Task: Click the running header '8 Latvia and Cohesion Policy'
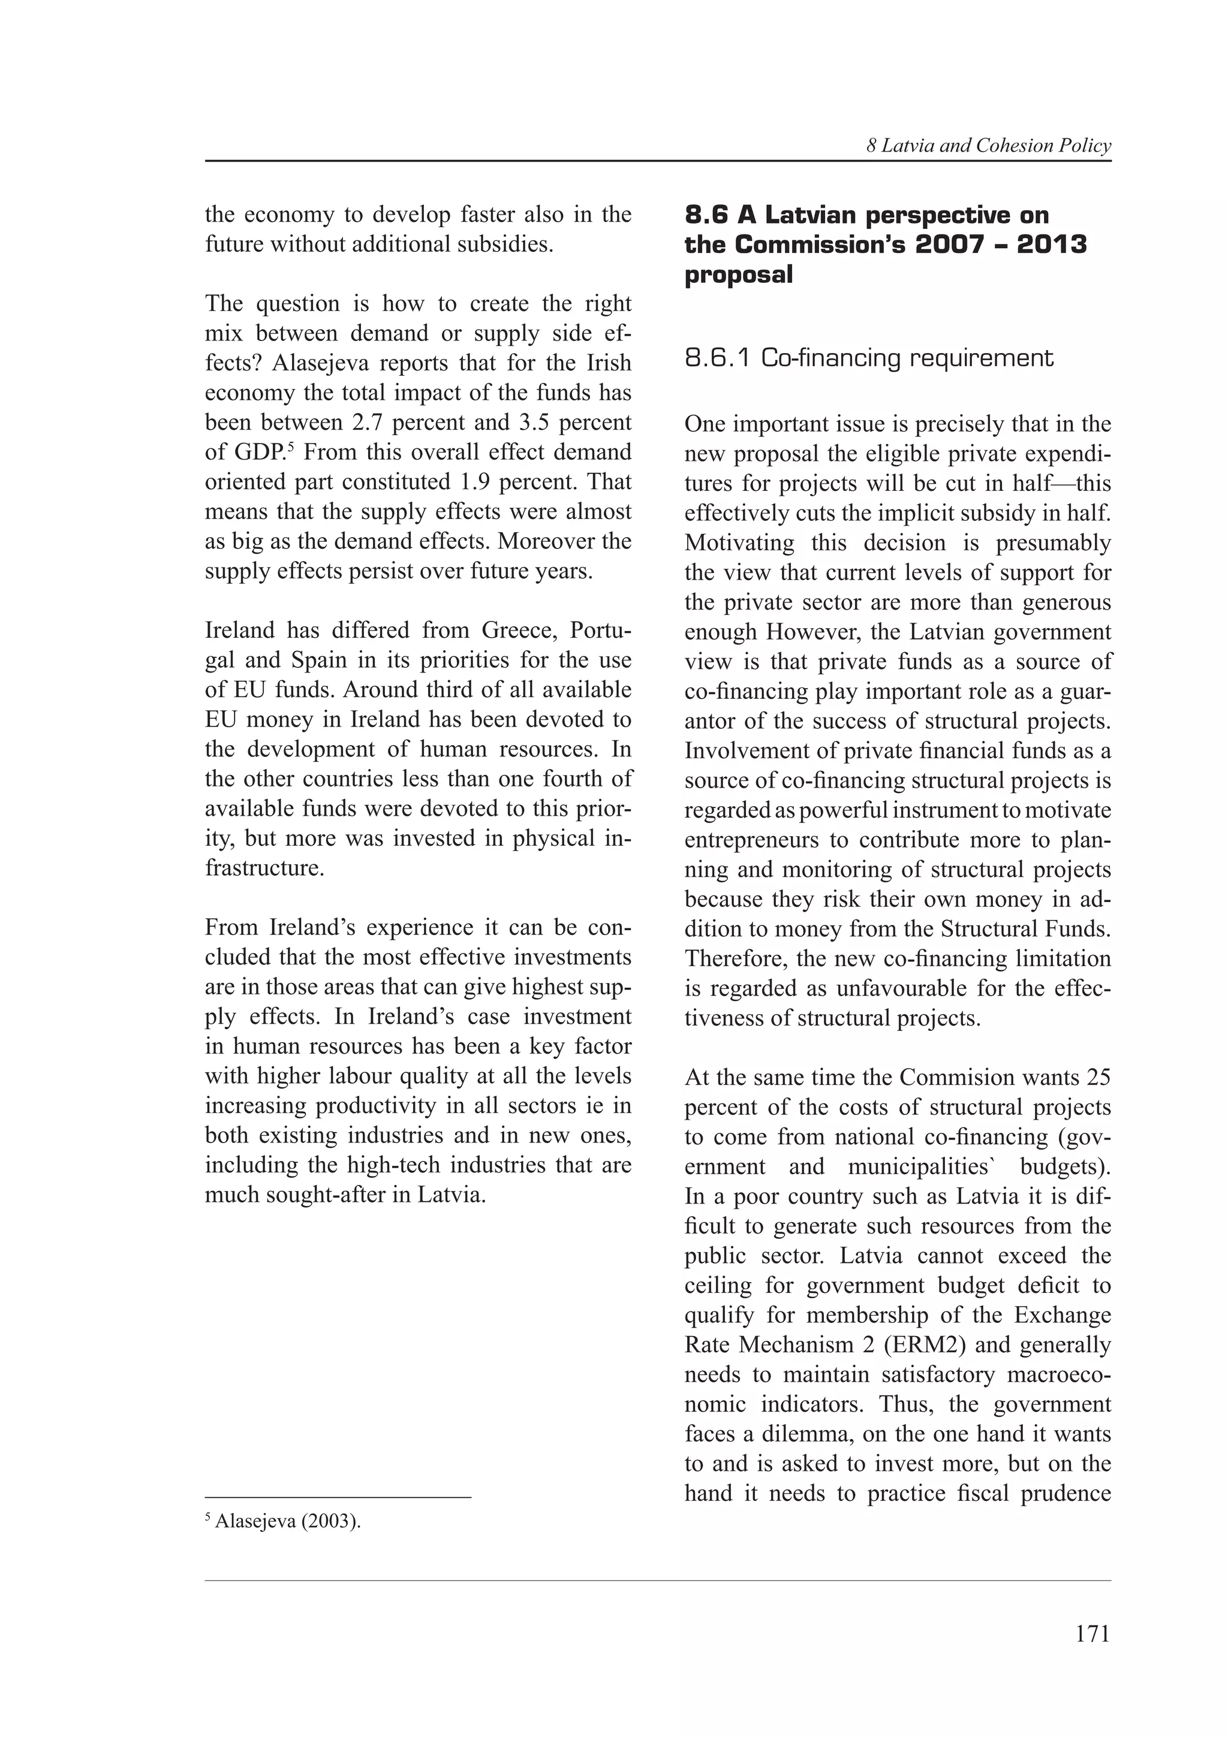click(988, 146)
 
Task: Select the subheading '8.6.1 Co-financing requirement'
click(869, 358)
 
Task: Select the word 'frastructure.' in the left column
click(265, 868)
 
